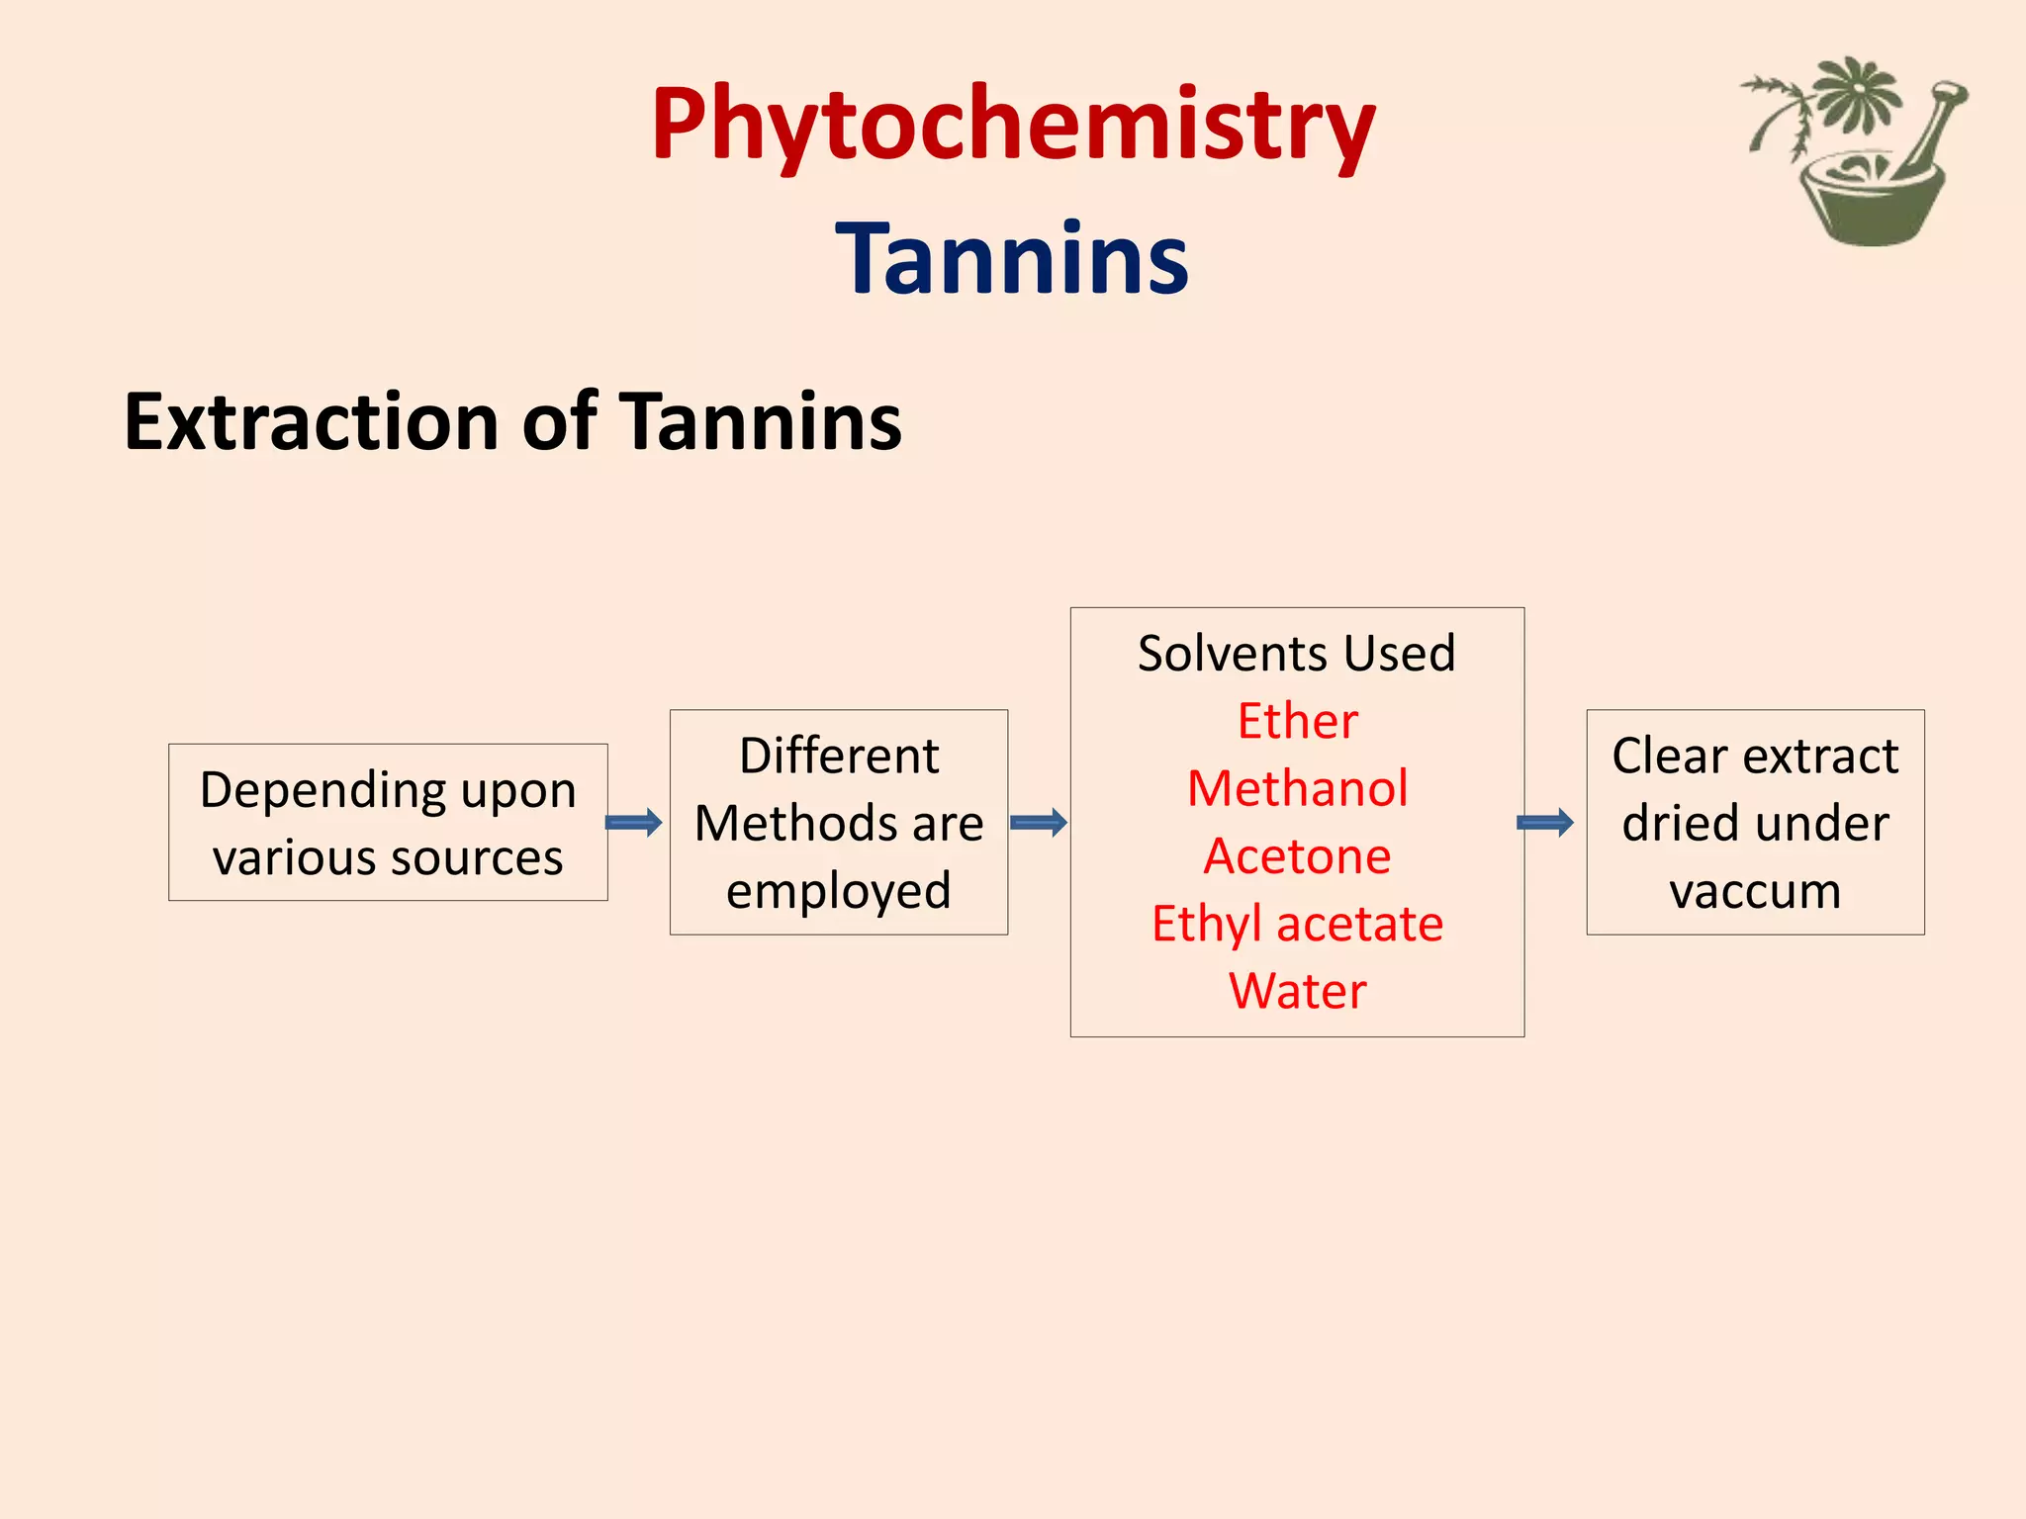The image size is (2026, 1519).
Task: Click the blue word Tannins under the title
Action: click(x=1012, y=259)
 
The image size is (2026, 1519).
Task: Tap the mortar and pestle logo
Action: click(x=1860, y=153)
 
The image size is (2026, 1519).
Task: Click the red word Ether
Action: click(x=1297, y=721)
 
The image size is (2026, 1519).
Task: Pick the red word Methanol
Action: click(x=1297, y=788)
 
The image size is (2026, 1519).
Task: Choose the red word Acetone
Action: click(x=1297, y=855)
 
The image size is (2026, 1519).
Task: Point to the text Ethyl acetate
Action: click(x=1297, y=924)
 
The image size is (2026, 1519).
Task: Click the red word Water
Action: click(x=1297, y=991)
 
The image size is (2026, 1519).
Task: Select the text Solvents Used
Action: click(x=1296, y=654)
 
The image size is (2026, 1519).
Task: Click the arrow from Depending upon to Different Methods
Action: click(x=633, y=822)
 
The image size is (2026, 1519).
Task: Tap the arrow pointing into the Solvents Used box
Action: click(x=1039, y=822)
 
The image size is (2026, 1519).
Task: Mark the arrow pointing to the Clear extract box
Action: click(x=1545, y=822)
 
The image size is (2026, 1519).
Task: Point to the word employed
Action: click(x=839, y=890)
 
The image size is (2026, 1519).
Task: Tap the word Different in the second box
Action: click(x=839, y=757)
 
